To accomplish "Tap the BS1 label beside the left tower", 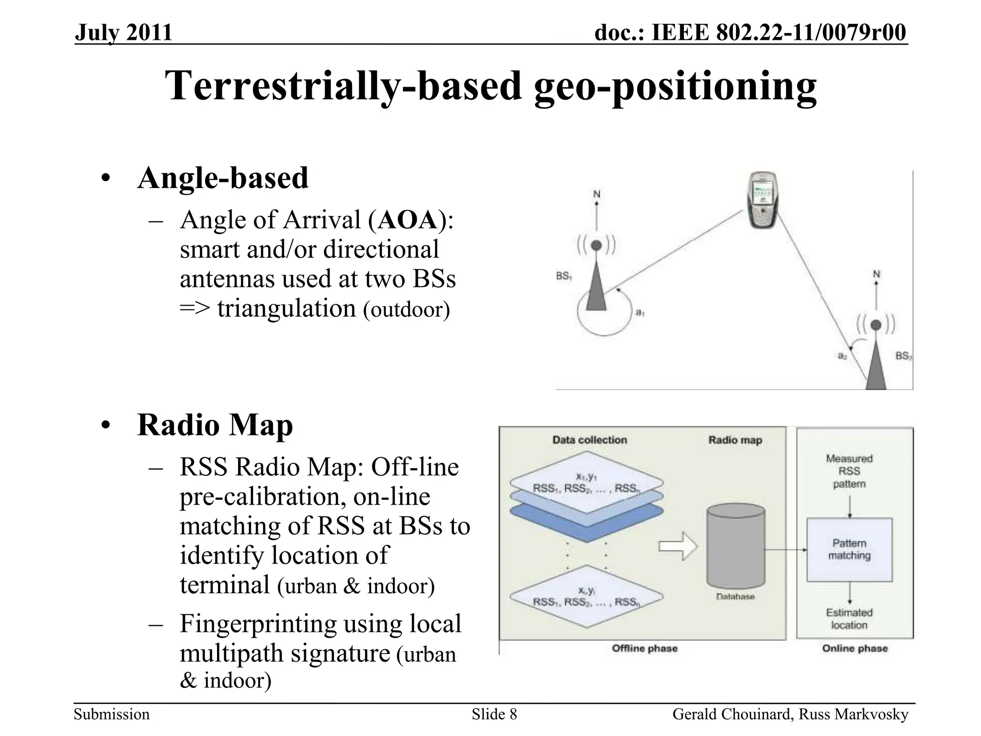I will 564,276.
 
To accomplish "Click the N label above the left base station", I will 597,194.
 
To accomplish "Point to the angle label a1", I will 640,312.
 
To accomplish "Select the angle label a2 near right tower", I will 842,356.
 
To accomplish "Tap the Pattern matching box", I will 849,550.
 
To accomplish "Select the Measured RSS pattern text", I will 849,471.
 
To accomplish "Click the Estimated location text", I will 849,619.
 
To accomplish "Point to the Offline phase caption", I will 645,649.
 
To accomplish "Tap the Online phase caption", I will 855,649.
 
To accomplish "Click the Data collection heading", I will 589,440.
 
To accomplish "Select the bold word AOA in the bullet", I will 407,221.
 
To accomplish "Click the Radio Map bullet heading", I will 215,425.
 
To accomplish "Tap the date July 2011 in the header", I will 123,33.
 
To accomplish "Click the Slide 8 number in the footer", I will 494,714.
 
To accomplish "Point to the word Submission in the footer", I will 112,714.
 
